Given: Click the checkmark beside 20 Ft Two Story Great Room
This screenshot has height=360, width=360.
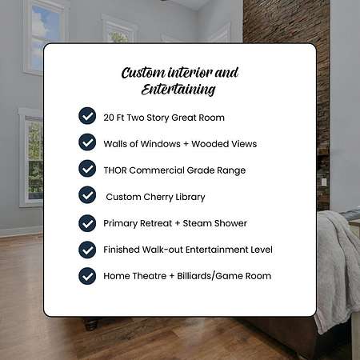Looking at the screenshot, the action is pos(87,116).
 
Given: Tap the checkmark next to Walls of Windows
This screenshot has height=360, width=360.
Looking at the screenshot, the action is pos(87,142).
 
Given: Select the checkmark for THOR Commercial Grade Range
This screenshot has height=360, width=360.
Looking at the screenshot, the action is pos(87,169).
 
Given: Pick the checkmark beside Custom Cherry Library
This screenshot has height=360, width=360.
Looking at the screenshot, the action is pos(87,195).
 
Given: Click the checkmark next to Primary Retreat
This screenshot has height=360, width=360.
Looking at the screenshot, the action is pos(87,223).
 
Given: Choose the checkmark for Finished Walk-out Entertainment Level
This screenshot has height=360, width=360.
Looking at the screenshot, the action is pos(87,250).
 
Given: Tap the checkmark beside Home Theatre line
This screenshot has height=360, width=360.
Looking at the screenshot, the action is pos(87,276).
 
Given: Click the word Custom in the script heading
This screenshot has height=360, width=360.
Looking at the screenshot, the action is pos(143,73).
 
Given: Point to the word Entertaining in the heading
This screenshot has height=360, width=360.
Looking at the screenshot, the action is pos(178,90).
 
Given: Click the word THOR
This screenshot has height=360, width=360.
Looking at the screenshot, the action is pos(115,170).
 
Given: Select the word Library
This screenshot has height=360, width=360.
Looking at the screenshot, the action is pos(190,198).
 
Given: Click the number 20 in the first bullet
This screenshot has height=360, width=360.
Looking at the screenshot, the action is pos(109,118).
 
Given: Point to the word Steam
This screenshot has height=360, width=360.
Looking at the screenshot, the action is pos(197,223).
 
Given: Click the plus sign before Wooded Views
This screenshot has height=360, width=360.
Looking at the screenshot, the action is pos(186,144).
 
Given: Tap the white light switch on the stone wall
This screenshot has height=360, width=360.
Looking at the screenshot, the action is pos(324,182).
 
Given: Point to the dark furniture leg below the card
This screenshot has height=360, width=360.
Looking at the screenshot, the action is pos(91,324).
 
